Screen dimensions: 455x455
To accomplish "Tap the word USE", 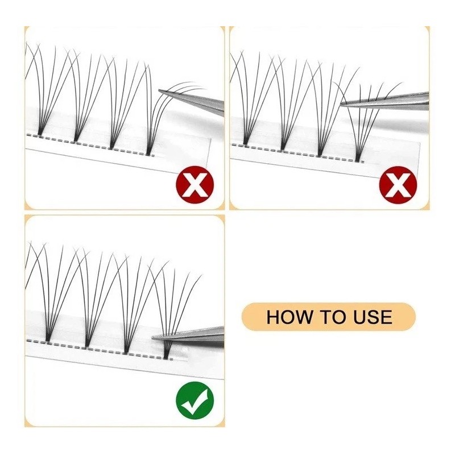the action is coord(373,317).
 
